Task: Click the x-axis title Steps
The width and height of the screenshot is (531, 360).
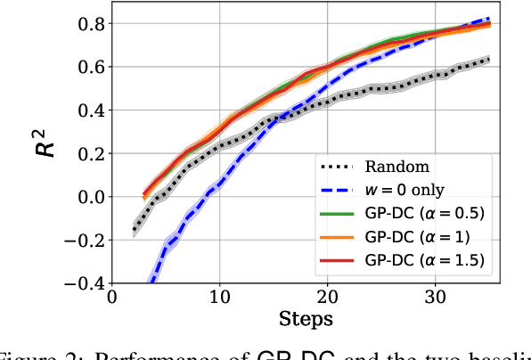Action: (x=306, y=318)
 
